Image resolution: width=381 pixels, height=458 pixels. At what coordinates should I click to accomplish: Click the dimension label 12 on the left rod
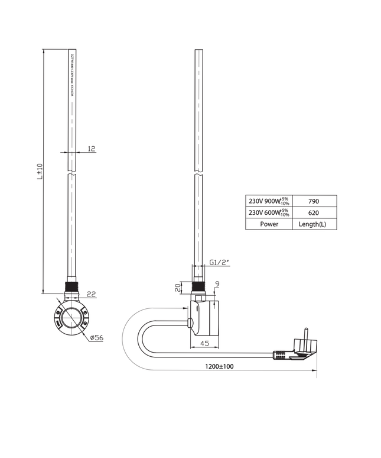91,149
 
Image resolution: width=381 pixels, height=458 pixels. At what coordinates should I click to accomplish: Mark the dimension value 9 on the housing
217,285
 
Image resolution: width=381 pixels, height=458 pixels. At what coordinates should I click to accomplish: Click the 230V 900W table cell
268,201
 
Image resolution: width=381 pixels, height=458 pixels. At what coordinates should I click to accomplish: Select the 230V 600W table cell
268,213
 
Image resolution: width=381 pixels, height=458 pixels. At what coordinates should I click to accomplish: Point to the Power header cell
269,224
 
